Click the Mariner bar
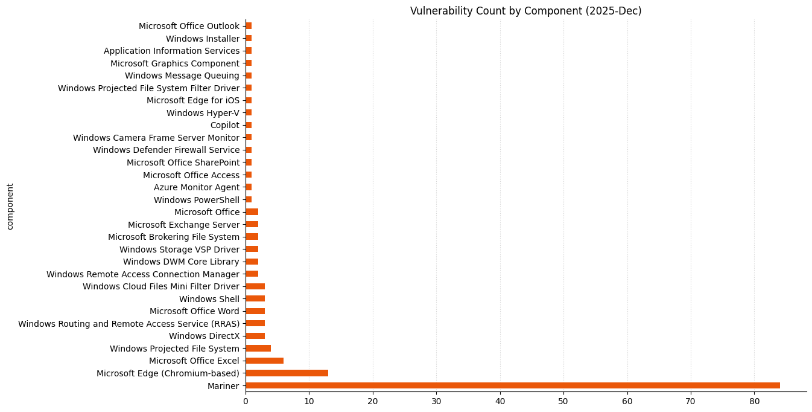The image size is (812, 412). coord(512,385)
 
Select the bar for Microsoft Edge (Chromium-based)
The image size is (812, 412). coord(287,373)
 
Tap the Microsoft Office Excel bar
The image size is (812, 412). coord(264,361)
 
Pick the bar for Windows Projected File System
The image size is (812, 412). coord(258,349)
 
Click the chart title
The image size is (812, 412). coord(525,11)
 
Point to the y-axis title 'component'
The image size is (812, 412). coord(10,207)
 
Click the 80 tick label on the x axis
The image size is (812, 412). coord(754,401)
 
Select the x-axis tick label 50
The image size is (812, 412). coord(563,401)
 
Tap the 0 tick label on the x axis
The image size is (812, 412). coord(246,401)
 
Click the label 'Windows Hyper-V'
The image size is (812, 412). coord(203,113)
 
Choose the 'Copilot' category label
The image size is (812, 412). coord(224,125)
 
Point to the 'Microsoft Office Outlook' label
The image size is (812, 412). coord(189,26)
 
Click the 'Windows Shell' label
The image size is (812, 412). coord(209,299)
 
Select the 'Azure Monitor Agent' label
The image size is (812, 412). coord(197,187)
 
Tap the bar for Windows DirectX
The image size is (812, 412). coord(255,336)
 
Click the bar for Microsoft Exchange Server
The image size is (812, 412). coord(252,225)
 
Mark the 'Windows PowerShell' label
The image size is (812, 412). coord(197,200)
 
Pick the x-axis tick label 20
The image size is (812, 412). coord(373,401)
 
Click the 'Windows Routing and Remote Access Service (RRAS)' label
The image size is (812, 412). coord(128,324)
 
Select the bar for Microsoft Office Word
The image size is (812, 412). coord(255,311)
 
